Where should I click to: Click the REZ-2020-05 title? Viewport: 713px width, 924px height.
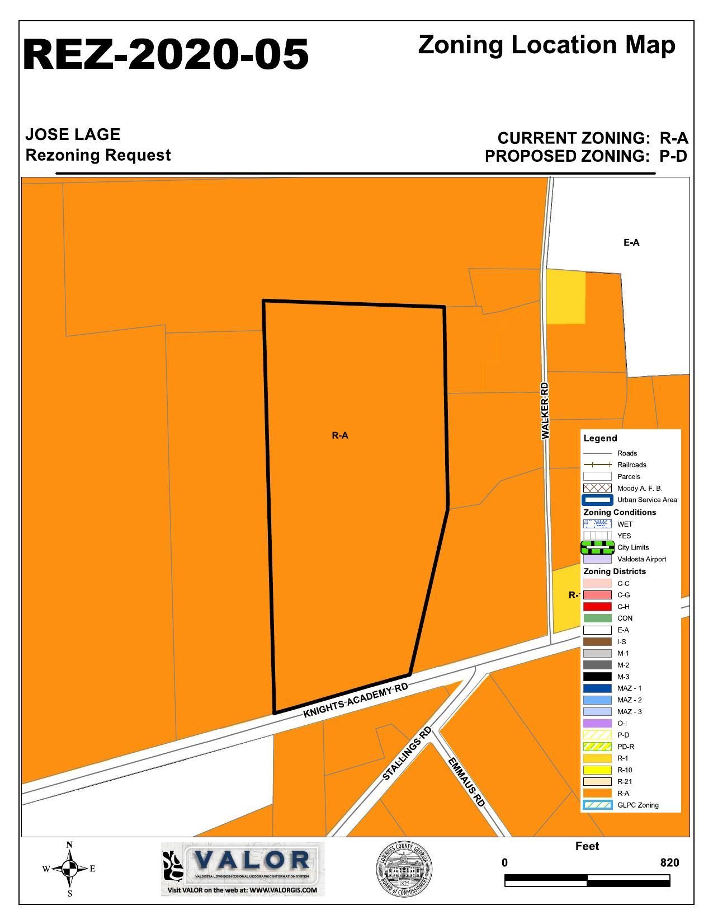[166, 54]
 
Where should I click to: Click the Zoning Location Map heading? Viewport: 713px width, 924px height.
[546, 45]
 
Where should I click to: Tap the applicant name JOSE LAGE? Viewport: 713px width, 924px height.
[73, 134]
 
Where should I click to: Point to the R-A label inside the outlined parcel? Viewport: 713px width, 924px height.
[340, 435]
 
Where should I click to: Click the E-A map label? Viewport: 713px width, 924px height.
[631, 242]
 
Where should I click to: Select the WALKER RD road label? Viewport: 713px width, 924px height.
[545, 411]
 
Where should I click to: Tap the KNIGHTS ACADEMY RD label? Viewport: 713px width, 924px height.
[356, 701]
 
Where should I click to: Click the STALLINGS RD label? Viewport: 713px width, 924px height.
[407, 753]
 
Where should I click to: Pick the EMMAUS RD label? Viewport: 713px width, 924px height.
[466, 781]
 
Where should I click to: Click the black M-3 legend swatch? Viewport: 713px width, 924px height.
[597, 677]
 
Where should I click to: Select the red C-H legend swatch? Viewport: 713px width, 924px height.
[597, 607]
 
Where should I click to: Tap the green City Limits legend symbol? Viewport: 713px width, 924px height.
[597, 547]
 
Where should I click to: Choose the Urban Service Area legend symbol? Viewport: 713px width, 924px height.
[597, 500]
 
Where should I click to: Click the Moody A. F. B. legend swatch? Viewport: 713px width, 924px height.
[597, 488]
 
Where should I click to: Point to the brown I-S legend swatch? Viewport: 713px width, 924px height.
[597, 641]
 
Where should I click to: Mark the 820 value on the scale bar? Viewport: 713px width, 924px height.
[669, 862]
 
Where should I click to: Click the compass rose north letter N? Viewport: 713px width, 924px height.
[69, 845]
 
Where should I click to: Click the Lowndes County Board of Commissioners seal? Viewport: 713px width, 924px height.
[404, 869]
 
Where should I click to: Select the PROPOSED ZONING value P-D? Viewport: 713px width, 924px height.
[673, 156]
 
